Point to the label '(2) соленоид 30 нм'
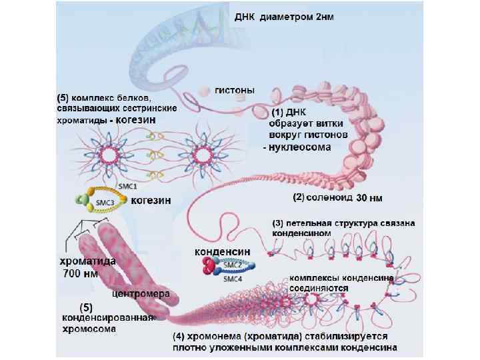pos(337,198)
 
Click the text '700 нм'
pos(78,273)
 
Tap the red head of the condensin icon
pos(209,267)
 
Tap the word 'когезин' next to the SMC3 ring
pos(151,199)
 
